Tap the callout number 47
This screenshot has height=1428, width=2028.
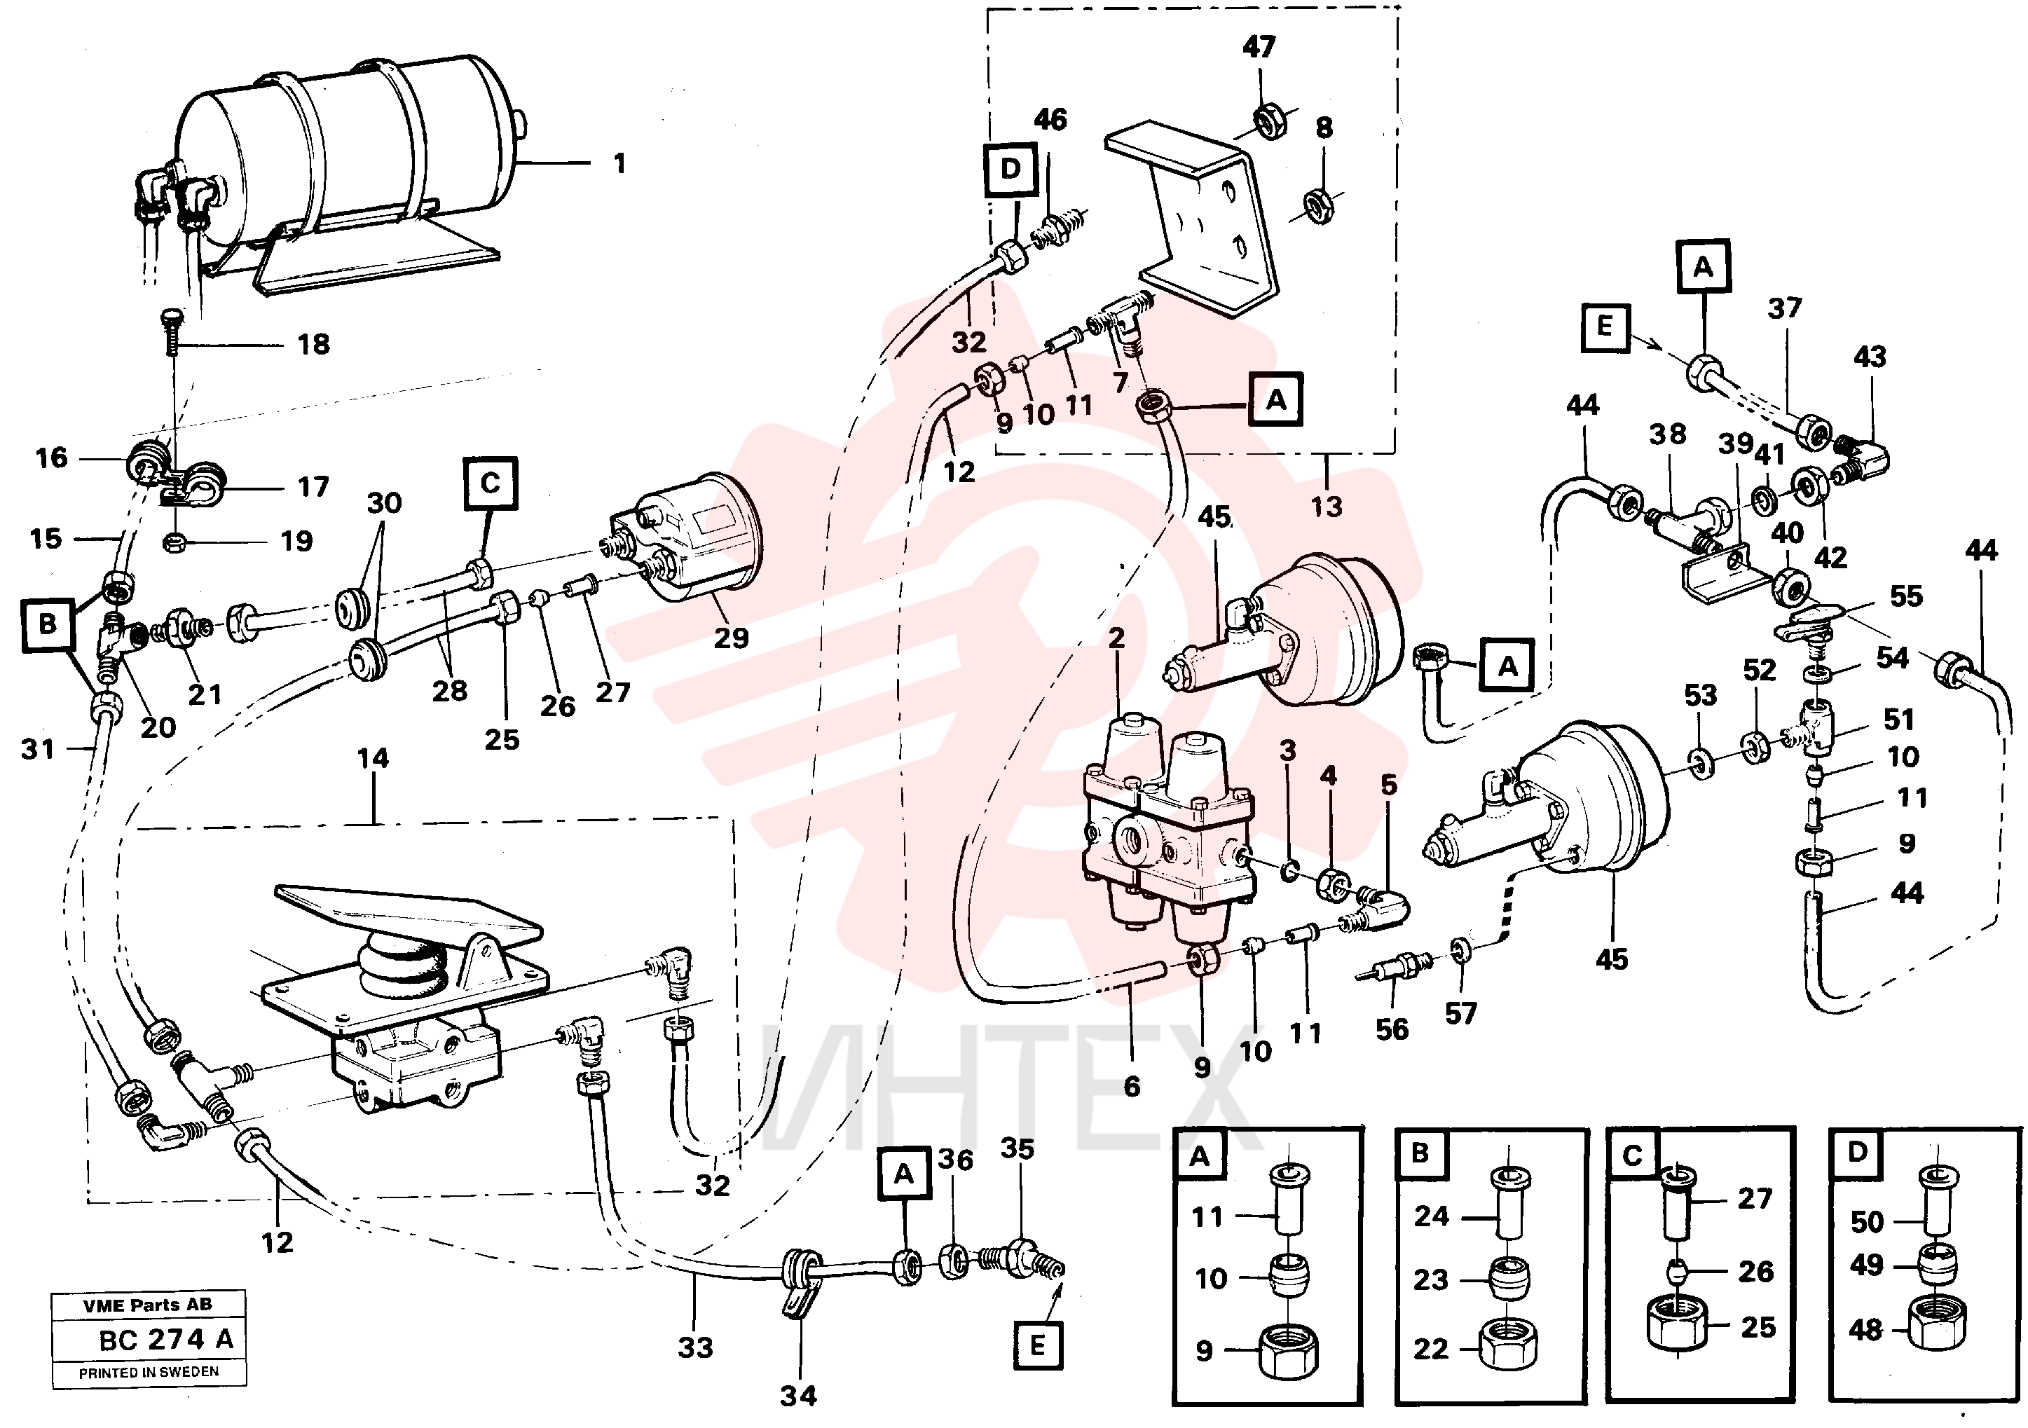pos(1259,47)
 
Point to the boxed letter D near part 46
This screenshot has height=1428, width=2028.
pos(1010,169)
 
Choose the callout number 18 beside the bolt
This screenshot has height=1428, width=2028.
pos(313,345)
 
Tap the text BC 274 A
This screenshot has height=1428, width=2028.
pos(166,1340)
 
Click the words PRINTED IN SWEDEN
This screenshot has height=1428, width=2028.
pos(149,1373)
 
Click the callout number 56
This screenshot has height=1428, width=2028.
pos(1392,1030)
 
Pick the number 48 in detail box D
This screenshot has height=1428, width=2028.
pos(1865,1329)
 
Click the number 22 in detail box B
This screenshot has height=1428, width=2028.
pos(1431,1349)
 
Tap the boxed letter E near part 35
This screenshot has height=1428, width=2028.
pos(1037,1346)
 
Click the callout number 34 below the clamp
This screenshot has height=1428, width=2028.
pos(798,1396)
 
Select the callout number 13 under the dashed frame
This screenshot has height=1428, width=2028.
pos(1326,507)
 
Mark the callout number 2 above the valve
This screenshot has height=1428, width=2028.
pos(1116,638)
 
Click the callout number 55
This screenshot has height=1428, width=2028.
pos(1906,596)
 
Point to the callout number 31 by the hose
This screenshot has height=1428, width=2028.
pos(38,750)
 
